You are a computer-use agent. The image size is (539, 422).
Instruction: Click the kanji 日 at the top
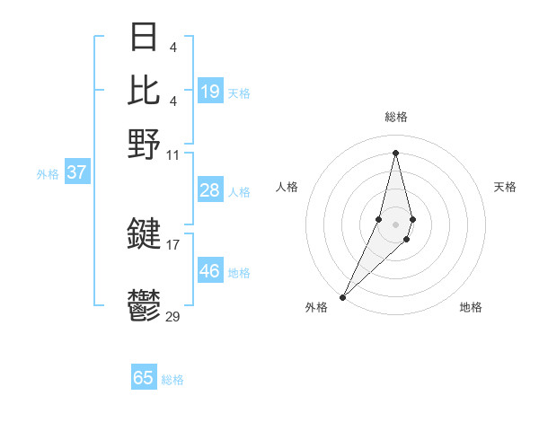pyautogui.click(x=145, y=37)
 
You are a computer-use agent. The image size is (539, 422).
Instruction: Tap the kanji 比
pyautogui.click(x=145, y=89)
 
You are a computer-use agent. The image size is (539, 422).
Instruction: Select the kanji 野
pyautogui.click(x=145, y=143)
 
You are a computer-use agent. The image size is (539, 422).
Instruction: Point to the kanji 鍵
pyautogui.click(x=145, y=234)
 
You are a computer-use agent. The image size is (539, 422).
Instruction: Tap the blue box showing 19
pyautogui.click(x=210, y=92)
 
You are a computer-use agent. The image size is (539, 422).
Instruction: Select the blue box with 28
pyautogui.click(x=210, y=190)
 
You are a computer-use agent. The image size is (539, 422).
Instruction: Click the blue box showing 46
pyautogui.click(x=210, y=271)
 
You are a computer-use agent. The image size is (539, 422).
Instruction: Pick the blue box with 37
pyautogui.click(x=77, y=172)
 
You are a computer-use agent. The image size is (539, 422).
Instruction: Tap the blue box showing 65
pyautogui.click(x=144, y=378)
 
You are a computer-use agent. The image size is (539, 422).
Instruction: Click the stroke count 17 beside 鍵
pyautogui.click(x=172, y=243)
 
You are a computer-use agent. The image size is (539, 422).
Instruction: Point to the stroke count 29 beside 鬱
pyautogui.click(x=172, y=317)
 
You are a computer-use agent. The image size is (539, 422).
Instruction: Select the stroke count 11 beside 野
pyautogui.click(x=172, y=154)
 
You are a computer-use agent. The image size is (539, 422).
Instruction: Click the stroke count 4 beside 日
pyautogui.click(x=172, y=47)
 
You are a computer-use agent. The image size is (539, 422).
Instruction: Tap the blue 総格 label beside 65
pyautogui.click(x=172, y=380)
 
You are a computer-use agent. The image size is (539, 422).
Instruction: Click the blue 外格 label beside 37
pyautogui.click(x=48, y=174)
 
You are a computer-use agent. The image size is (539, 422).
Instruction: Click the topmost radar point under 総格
pyautogui.click(x=395, y=153)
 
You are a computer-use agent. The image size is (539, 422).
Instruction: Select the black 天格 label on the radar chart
pyautogui.click(x=505, y=187)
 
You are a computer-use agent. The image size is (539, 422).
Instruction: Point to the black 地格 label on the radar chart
pyautogui.click(x=471, y=307)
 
